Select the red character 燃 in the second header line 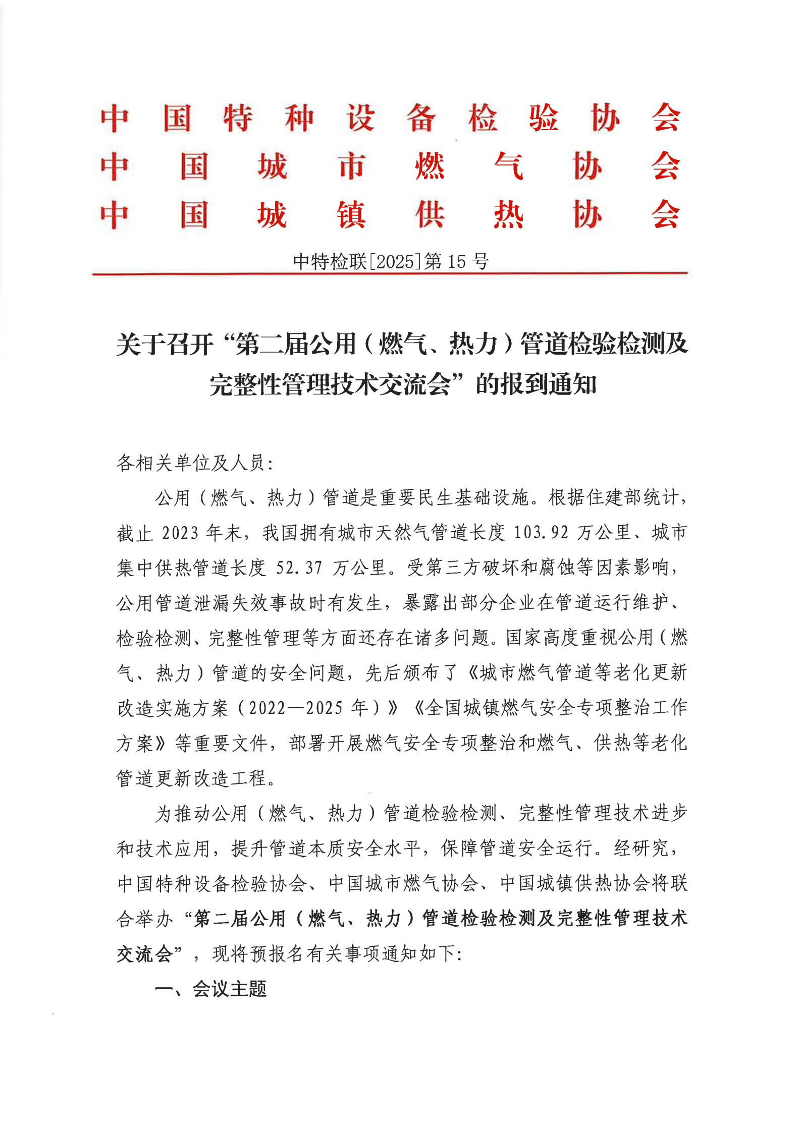(x=430, y=166)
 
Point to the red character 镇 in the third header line (x=351, y=215)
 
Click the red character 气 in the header (x=508, y=166)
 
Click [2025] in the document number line (x=395, y=261)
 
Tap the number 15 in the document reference (x=456, y=261)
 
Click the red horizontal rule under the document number (x=390, y=274)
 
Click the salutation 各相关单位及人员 (x=191, y=463)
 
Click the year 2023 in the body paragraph (x=180, y=533)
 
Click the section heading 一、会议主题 (x=210, y=989)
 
